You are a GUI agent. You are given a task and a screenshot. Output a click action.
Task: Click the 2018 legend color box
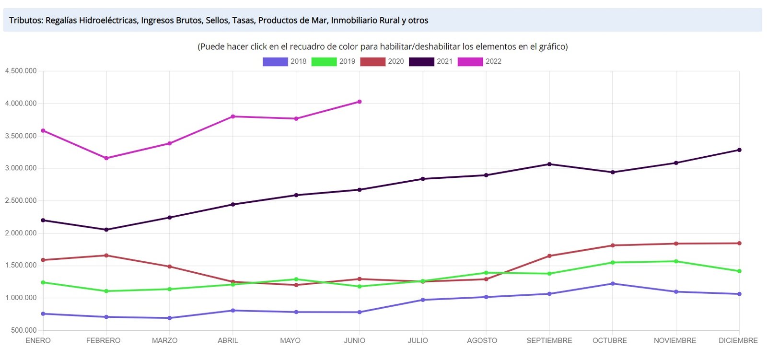pyautogui.click(x=275, y=61)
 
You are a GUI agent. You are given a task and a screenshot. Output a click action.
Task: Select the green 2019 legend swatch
pyautogui.click(x=324, y=61)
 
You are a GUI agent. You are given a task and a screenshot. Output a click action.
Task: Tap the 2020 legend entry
pyautogui.click(x=372, y=61)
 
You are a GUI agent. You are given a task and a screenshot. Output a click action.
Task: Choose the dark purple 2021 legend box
pyautogui.click(x=421, y=61)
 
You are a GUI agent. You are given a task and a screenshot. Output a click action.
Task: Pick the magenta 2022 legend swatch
pyautogui.click(x=470, y=61)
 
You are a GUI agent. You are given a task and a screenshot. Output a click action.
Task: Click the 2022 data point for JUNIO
pyautogui.click(x=360, y=102)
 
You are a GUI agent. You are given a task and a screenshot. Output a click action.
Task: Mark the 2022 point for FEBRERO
pyautogui.click(x=106, y=158)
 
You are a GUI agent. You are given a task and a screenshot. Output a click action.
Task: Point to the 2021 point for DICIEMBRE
pyautogui.click(x=739, y=150)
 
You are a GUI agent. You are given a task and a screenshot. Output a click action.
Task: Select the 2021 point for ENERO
pyautogui.click(x=43, y=221)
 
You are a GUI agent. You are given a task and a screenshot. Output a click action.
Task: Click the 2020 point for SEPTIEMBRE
pyautogui.click(x=549, y=256)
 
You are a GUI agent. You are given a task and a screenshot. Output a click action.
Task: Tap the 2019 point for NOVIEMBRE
pyautogui.click(x=676, y=261)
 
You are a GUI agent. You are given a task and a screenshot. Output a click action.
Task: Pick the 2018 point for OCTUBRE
pyautogui.click(x=613, y=284)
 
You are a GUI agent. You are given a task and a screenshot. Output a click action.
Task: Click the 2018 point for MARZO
pyautogui.click(x=170, y=318)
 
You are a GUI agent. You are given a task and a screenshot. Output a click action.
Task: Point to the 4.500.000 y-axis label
pyautogui.click(x=21, y=71)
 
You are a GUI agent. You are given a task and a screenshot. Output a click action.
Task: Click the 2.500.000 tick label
pyautogui.click(x=21, y=200)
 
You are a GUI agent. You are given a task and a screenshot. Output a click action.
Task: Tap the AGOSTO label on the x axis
pyautogui.click(x=482, y=341)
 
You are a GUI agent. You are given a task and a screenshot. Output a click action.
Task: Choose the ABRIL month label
pyautogui.click(x=228, y=341)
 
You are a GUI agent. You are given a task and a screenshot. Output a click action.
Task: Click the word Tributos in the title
pyautogui.click(x=26, y=21)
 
